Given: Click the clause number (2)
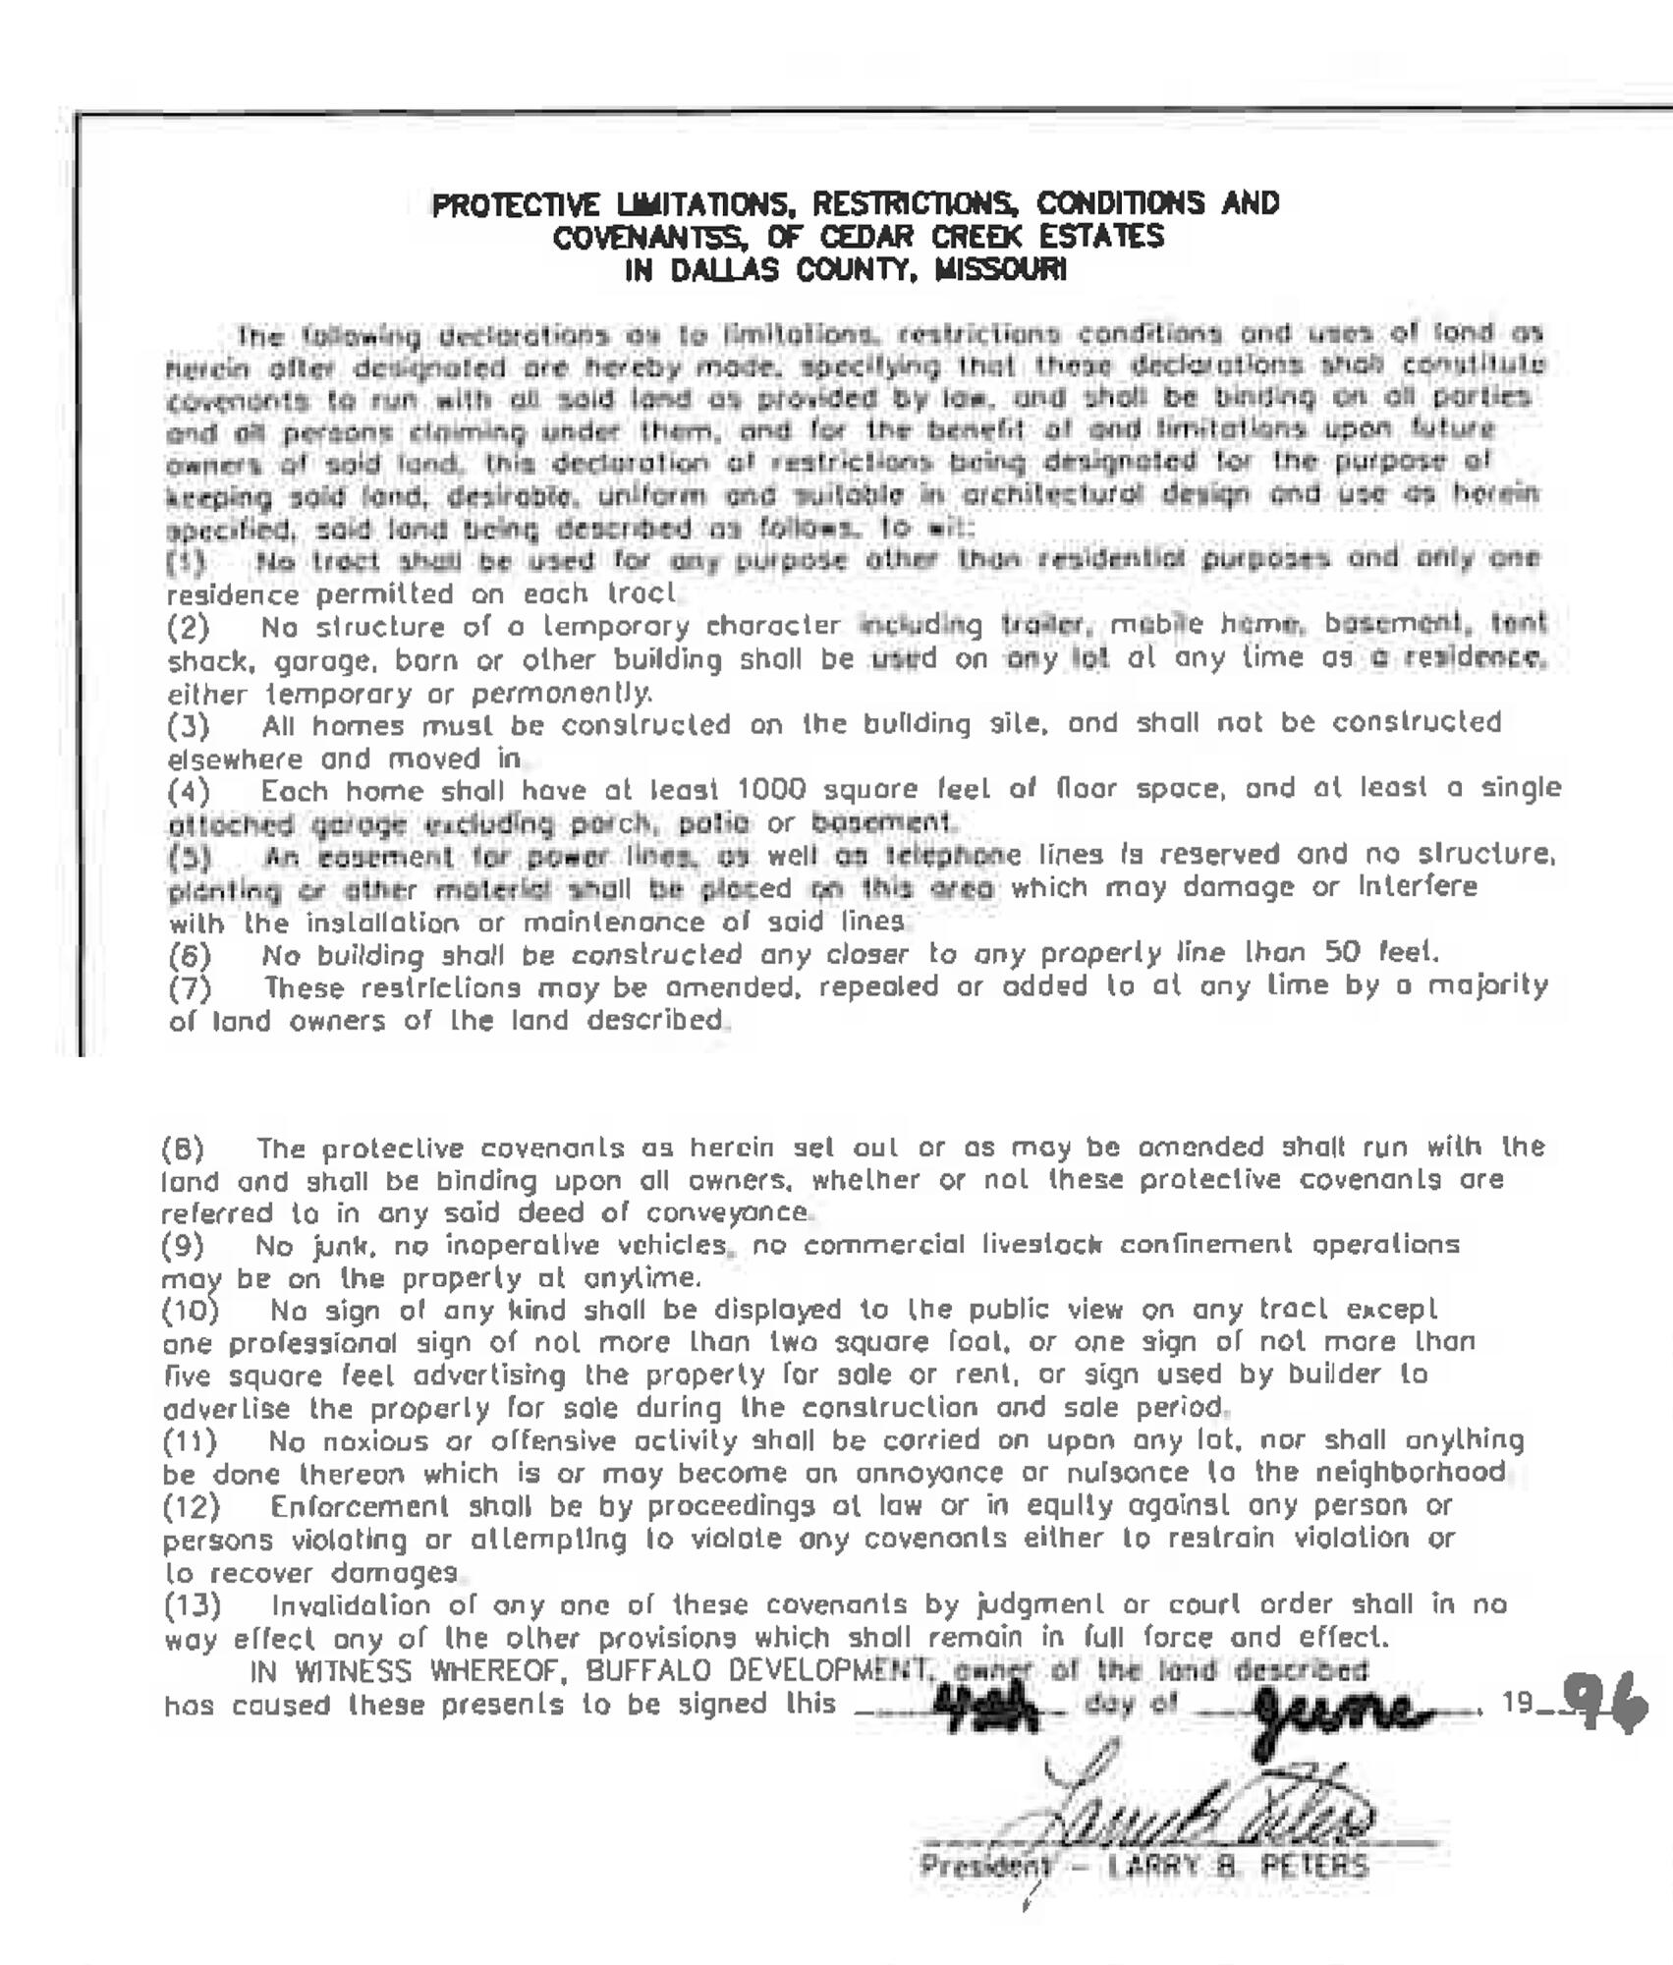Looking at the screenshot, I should [188, 627].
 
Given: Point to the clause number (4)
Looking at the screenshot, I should [188, 791].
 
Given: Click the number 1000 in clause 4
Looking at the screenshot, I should [771, 789].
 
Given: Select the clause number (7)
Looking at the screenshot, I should [189, 987].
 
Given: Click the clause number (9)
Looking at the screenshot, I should [183, 1246].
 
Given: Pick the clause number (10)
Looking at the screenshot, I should [190, 1311].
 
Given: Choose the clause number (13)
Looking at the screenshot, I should [192, 1605].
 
